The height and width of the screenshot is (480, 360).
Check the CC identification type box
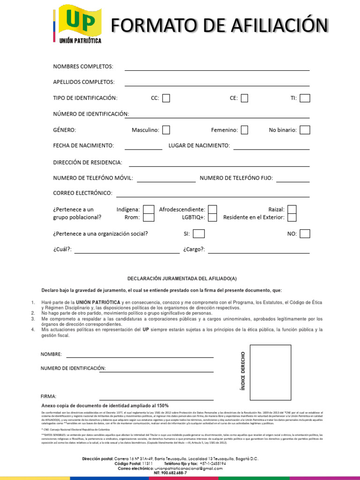click(x=166, y=98)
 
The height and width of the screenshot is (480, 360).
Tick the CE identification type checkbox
click(x=244, y=98)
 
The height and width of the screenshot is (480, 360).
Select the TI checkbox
click(x=305, y=98)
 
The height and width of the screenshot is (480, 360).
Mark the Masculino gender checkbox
click(x=166, y=130)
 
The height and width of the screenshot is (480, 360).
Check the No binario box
click(x=305, y=130)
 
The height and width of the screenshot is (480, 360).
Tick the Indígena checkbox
click(x=149, y=210)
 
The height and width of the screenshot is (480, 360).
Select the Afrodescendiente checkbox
click(x=212, y=210)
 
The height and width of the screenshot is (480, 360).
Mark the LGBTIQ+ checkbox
click(x=212, y=217)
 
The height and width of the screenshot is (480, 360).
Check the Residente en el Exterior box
click(x=292, y=217)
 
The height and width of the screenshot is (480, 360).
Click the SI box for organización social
click(x=199, y=233)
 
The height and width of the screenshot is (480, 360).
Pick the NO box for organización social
click(x=305, y=233)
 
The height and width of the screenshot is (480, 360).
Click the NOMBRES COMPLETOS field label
click(x=83, y=67)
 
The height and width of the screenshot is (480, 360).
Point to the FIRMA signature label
click(x=49, y=397)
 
